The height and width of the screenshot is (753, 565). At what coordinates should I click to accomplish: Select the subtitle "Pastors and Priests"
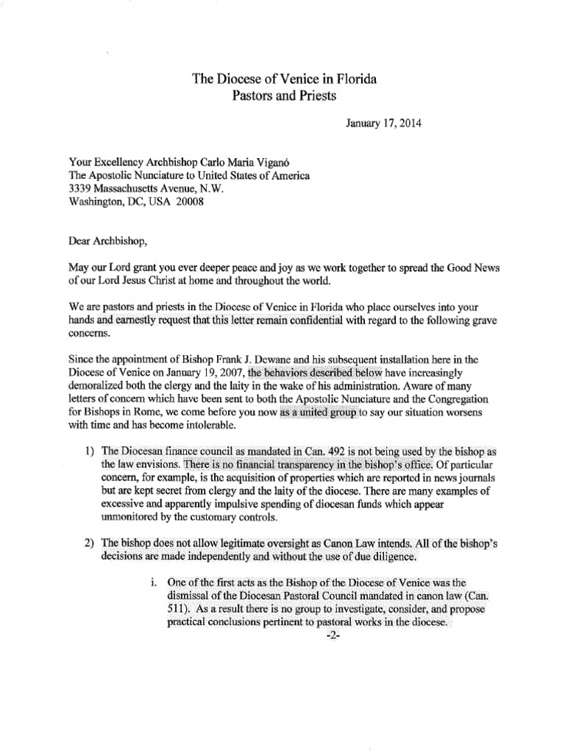pyautogui.click(x=284, y=97)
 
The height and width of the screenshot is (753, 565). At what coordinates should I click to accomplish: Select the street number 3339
pyautogui.click(x=82, y=188)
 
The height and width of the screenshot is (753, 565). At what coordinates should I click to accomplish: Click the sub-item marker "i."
pyautogui.click(x=151, y=584)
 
